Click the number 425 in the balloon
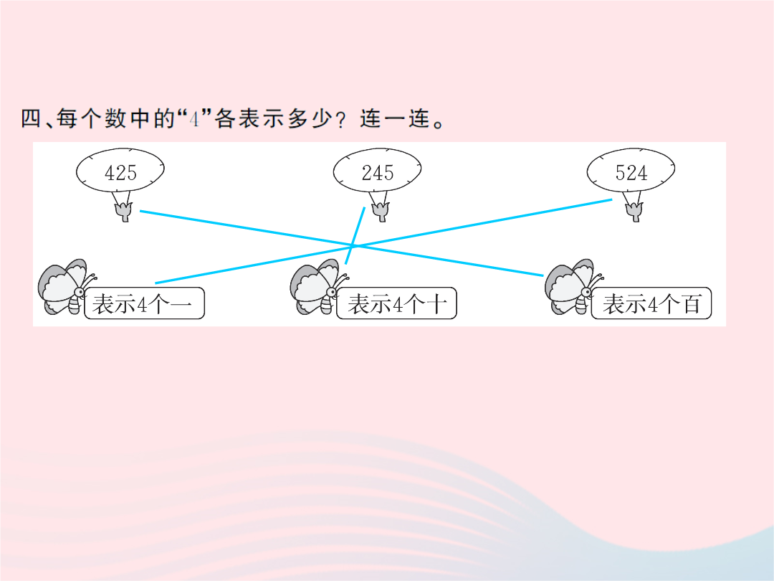[x=120, y=173]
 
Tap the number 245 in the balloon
[x=378, y=173]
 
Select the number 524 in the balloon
[x=631, y=173]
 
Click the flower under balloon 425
[x=123, y=212]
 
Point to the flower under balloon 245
[x=381, y=212]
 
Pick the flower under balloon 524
[x=634, y=212]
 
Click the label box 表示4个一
[x=144, y=303]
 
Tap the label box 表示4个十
[x=396, y=303]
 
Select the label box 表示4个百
[x=651, y=303]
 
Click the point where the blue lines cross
[x=353, y=245]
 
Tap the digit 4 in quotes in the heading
[x=195, y=119]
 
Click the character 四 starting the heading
[x=31, y=118]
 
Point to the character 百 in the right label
[x=692, y=304]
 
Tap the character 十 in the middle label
[x=437, y=304]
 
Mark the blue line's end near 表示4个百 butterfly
[x=543, y=275]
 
